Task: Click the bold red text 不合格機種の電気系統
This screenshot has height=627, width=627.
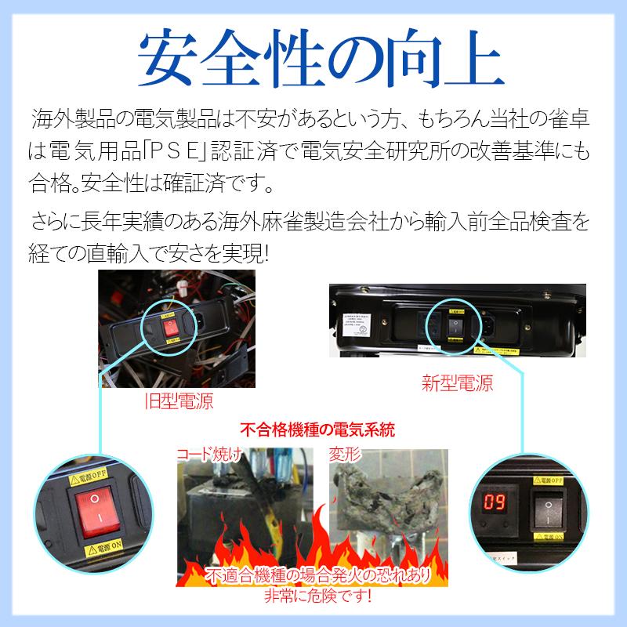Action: pyautogui.click(x=317, y=430)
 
